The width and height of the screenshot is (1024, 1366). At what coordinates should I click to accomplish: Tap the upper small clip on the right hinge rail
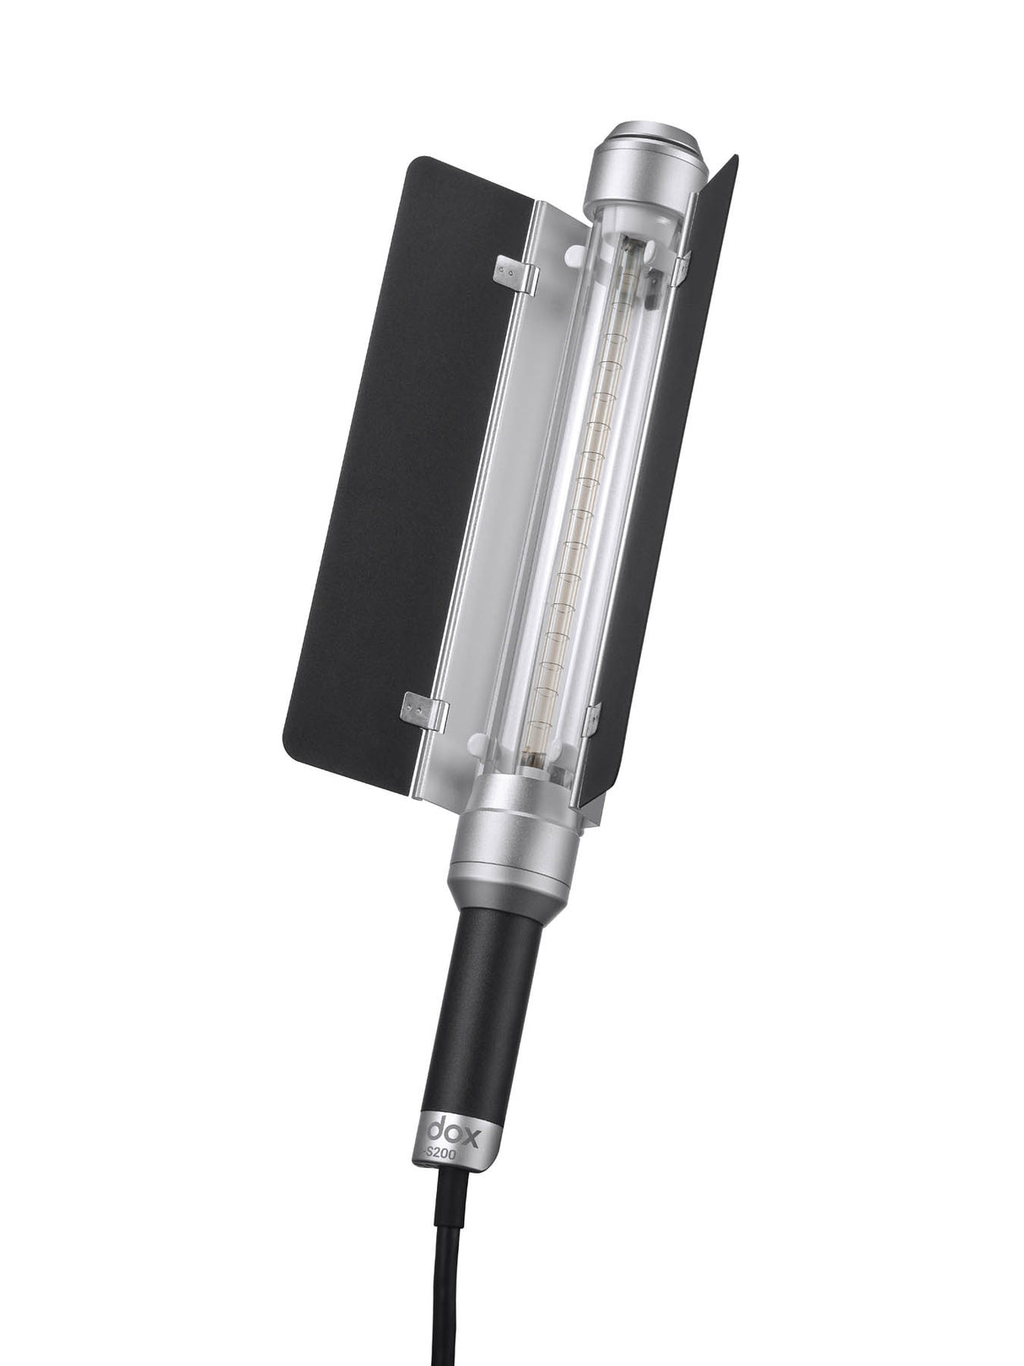coord(682,266)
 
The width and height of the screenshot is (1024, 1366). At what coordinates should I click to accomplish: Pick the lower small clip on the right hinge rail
coord(593,717)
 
